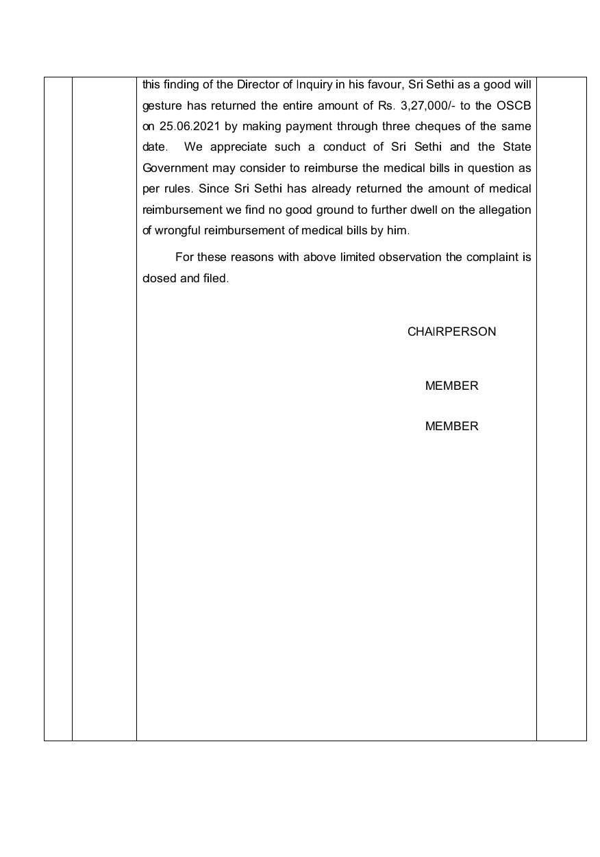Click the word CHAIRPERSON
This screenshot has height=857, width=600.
coord(451,332)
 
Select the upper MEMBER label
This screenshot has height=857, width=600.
coord(451,386)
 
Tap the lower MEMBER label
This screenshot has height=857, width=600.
coord(451,426)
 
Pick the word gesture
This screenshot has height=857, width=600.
coord(162,105)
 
